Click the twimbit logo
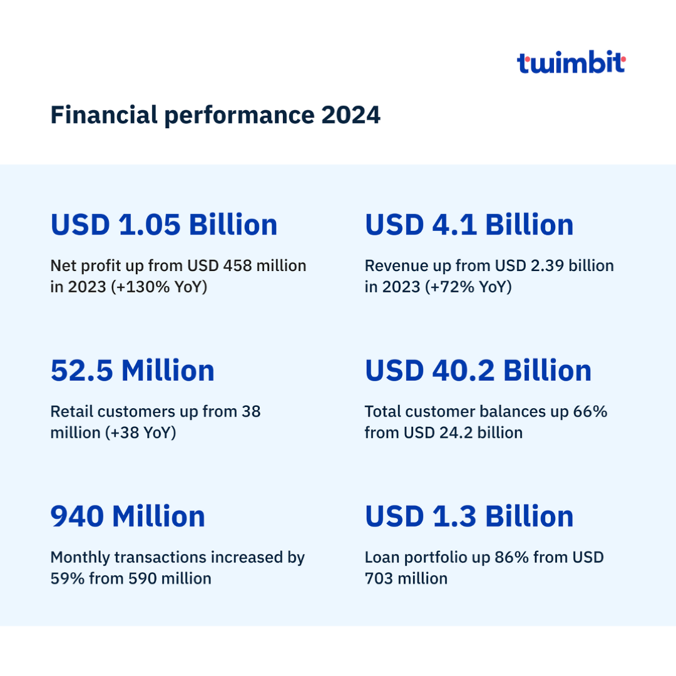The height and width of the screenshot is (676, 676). [x=571, y=63]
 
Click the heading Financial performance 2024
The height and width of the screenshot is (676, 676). [x=215, y=115]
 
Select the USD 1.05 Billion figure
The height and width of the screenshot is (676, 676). [x=164, y=225]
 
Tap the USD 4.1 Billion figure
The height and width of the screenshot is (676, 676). [x=469, y=225]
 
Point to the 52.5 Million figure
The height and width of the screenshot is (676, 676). [x=133, y=371]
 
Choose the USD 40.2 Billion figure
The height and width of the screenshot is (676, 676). [x=478, y=371]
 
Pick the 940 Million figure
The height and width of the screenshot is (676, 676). [x=128, y=516]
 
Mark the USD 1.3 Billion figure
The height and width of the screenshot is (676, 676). [x=469, y=516]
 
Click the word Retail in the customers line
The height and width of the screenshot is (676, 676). [x=71, y=412]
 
